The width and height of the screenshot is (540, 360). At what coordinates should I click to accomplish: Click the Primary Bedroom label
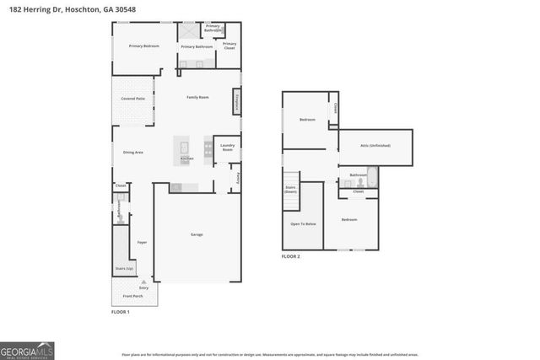(143, 46)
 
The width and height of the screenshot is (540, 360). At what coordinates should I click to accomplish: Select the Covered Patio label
(132, 99)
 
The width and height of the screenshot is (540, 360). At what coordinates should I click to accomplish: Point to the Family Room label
(197, 98)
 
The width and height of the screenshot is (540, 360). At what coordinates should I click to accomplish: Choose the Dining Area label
(133, 153)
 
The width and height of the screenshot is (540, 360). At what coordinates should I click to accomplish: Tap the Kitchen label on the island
(186, 158)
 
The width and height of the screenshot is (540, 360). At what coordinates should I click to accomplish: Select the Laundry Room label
(227, 148)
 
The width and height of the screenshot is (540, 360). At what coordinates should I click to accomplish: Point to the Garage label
(197, 234)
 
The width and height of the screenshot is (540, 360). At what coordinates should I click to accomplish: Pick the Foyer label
(142, 242)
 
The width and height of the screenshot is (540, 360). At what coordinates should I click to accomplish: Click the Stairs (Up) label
(124, 268)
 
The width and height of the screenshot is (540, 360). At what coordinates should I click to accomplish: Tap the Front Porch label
(132, 297)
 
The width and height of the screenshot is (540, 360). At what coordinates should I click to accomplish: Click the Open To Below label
(303, 223)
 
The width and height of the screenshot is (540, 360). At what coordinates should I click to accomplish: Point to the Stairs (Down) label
(290, 190)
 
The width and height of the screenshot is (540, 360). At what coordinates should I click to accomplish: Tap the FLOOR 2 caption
(291, 255)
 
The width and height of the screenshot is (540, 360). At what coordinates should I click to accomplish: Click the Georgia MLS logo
(27, 349)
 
